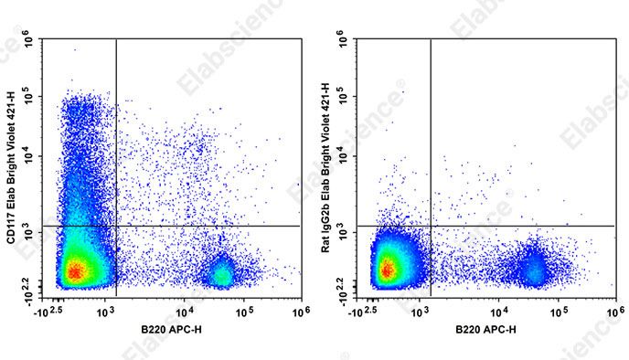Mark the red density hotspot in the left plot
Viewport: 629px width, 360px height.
pyautogui.click(x=74, y=270)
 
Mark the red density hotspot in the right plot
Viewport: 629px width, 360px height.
pyautogui.click(x=388, y=269)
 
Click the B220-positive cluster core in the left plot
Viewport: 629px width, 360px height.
pyautogui.click(x=220, y=271)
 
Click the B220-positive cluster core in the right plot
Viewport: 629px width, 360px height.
pyautogui.click(x=532, y=268)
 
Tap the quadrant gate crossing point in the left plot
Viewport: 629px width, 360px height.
pyautogui.click(x=116, y=226)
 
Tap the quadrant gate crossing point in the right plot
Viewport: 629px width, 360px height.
pyautogui.click(x=430, y=226)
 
